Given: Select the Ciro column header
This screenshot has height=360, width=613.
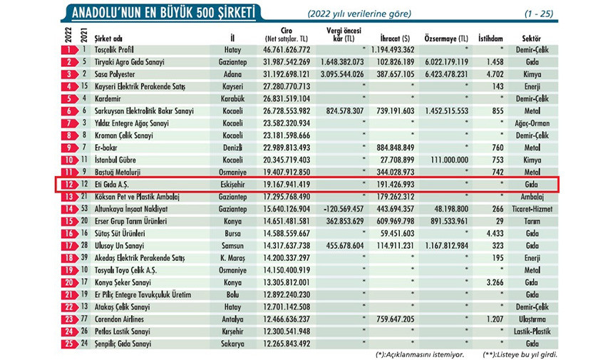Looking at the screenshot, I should tap(287, 34).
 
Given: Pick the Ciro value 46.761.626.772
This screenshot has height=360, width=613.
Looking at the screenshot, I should tap(287, 50).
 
